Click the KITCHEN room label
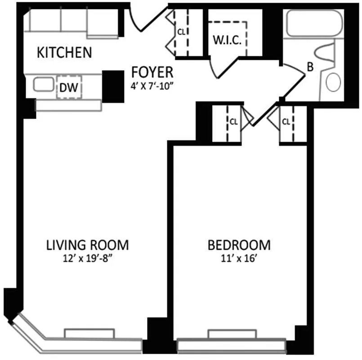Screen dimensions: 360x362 coord(64,52)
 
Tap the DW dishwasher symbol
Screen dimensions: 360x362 coord(68,86)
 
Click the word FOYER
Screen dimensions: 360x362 coord(152,72)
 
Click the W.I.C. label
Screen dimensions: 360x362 coord(228,40)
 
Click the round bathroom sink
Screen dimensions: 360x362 coord(333,82)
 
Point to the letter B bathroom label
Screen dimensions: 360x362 coord(309,67)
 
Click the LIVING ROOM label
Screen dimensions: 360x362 coord(88,245)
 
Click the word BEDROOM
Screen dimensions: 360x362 coord(239,245)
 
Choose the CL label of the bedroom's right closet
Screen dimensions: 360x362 coord(286,121)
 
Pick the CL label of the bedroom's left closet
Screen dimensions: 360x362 coord(233,121)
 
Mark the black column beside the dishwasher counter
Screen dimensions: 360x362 coord(113,86)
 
